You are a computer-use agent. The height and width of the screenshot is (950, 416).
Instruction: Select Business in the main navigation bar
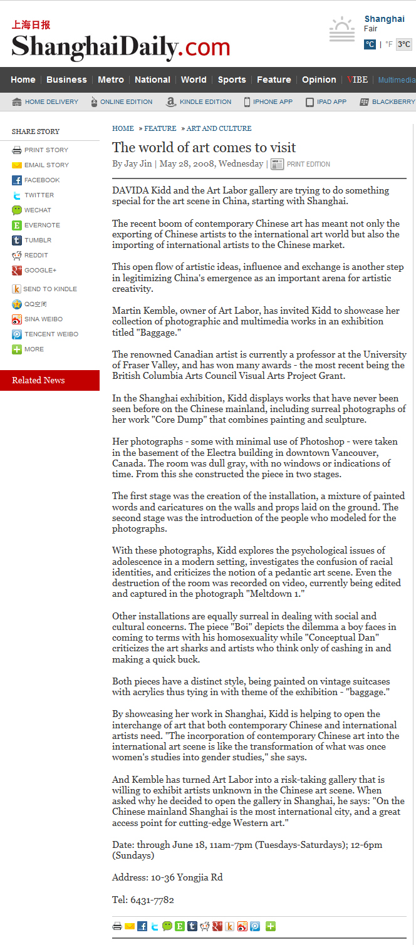click(66, 80)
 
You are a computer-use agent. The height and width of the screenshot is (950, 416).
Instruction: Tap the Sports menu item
click(232, 80)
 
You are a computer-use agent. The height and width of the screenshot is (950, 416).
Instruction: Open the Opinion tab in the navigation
click(319, 80)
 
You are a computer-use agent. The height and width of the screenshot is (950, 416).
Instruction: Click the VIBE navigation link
click(358, 80)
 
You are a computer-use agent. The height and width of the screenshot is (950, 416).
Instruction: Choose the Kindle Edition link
click(199, 101)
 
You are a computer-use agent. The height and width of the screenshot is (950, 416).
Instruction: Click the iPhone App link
click(269, 101)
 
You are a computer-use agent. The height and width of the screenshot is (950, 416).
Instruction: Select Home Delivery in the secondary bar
click(46, 101)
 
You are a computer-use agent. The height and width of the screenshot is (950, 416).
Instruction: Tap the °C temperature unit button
click(370, 44)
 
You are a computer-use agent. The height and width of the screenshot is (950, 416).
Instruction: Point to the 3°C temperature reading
click(404, 44)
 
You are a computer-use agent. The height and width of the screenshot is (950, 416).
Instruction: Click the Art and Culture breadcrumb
click(219, 128)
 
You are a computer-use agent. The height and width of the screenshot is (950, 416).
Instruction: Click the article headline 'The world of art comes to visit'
click(204, 148)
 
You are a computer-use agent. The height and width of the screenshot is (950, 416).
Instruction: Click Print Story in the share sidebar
click(46, 150)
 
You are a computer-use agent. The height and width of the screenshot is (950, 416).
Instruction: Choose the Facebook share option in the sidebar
click(41, 180)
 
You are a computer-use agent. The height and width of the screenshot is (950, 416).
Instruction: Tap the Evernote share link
click(42, 225)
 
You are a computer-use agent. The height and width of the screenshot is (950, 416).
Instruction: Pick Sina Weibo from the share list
click(43, 319)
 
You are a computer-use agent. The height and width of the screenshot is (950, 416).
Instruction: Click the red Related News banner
click(49, 380)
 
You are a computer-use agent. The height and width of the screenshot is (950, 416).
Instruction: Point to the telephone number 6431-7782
click(152, 900)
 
